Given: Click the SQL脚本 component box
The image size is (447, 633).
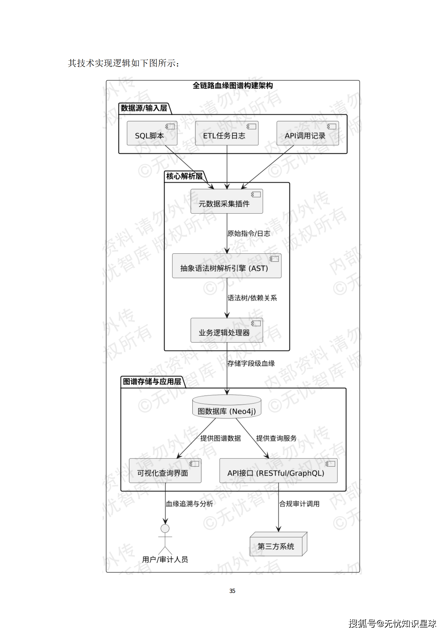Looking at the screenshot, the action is click(152, 133).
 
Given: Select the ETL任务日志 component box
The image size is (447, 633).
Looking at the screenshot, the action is click(226, 133).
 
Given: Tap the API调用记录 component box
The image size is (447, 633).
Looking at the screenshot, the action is click(307, 133).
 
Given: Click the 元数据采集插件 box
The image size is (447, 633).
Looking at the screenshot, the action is click(226, 201).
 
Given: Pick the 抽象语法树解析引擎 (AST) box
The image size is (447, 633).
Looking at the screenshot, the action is click(226, 266).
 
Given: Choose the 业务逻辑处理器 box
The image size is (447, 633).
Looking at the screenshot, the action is click(226, 330).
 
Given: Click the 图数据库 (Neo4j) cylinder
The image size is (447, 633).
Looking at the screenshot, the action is click(226, 408).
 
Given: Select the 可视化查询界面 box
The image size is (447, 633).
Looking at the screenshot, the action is click(165, 471).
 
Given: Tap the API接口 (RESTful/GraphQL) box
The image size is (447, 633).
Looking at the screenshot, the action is click(278, 471).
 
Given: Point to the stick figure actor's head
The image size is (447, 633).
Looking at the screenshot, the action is click(165, 528).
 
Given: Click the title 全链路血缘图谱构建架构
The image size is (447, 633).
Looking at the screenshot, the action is click(232, 86).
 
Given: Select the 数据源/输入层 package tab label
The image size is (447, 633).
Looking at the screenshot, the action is click(144, 108).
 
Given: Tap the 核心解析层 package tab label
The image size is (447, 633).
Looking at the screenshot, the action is click(184, 176).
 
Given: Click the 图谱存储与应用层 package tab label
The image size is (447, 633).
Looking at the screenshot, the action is click(152, 382).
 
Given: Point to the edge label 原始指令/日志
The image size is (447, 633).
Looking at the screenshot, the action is click(249, 233).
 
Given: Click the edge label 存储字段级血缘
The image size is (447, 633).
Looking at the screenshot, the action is click(251, 363).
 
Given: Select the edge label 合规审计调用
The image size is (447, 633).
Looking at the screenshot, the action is click(299, 504).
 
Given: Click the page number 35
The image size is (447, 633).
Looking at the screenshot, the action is click(232, 591).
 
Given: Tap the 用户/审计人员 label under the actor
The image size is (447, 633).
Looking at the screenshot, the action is click(165, 559).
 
